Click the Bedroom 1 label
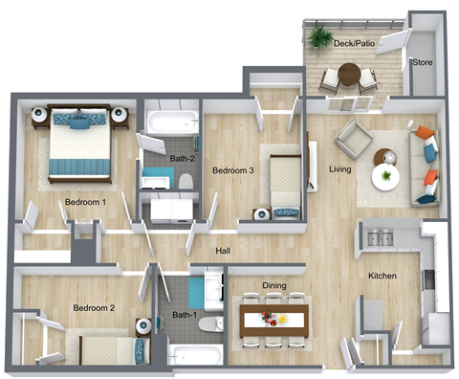pos(85,202)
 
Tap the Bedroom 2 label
pos(94,308)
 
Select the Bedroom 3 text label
pos(232,171)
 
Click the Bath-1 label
pos(185,315)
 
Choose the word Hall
pos(223,251)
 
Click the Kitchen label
pos(382,277)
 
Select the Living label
pos(340,169)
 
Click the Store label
pos(422,63)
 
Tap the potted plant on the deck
pos(318,37)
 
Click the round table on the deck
pos(349,73)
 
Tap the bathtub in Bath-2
pos(171,123)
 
